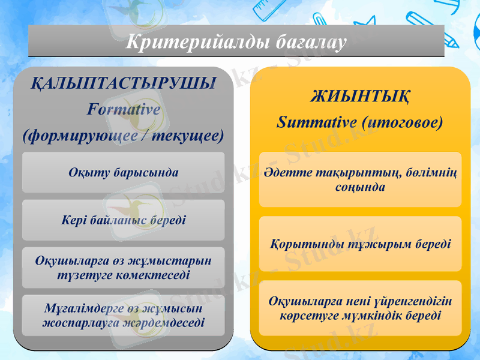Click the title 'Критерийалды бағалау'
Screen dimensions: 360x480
tap(236, 43)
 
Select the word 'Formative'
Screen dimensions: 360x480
tap(123, 110)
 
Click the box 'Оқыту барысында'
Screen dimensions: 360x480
tap(123, 172)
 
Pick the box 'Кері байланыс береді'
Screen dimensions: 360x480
tap(123, 220)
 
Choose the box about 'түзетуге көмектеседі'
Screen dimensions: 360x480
tap(123, 268)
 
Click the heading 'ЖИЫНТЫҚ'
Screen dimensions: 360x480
tap(360, 96)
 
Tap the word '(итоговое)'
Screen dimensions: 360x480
tap(403, 122)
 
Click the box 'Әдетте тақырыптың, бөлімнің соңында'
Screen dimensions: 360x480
tap(360, 180)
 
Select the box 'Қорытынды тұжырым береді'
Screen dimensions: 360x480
tap(360, 244)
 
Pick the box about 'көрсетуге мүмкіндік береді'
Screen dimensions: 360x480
tap(360, 308)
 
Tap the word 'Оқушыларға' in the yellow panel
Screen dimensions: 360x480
tap(300, 301)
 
